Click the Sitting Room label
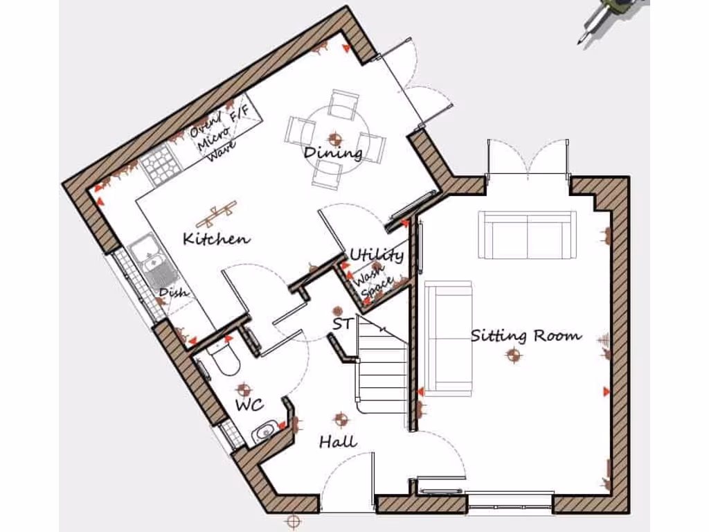tap(526, 336)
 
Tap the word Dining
tap(334, 152)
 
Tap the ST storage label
tap(342, 323)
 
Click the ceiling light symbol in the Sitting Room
tap(513, 356)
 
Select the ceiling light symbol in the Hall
tap(341, 418)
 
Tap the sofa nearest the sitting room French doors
tap(528, 235)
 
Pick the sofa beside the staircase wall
tap(448, 337)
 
